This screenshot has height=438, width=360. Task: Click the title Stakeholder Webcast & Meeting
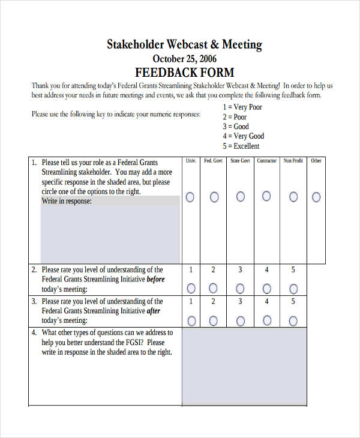(x=184, y=44)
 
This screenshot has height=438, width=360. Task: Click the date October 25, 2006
(x=184, y=59)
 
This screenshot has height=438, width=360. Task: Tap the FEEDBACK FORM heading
(x=184, y=73)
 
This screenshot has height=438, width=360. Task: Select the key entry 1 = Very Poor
(x=242, y=107)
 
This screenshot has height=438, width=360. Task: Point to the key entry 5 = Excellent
(x=241, y=146)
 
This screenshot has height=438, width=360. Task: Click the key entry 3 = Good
(x=235, y=127)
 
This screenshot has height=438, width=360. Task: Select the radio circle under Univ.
(x=191, y=197)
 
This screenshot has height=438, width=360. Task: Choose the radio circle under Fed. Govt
(x=213, y=197)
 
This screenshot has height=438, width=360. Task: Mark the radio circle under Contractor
(x=266, y=196)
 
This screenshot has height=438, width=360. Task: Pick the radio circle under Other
(x=316, y=197)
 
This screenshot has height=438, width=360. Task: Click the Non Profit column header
(x=293, y=161)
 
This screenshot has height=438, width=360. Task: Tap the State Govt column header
(x=240, y=161)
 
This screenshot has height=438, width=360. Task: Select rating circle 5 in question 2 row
(x=293, y=287)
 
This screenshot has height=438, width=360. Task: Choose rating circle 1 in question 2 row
(x=191, y=287)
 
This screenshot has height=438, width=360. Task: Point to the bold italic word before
(x=155, y=279)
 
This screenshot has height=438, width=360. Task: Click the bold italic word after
(x=154, y=311)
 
